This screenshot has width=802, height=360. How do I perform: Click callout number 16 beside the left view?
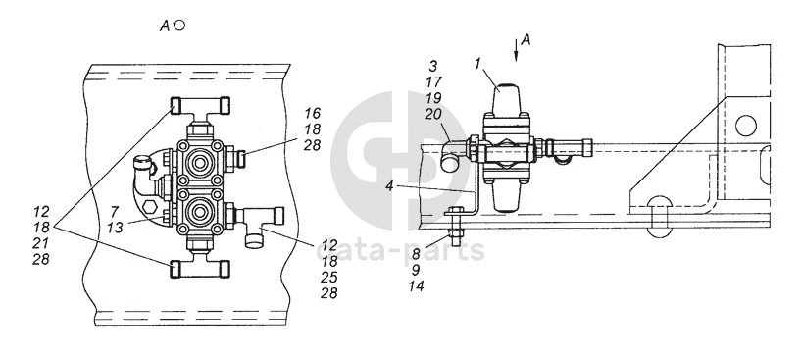pos(312,113)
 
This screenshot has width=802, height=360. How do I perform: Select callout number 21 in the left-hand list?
pos(41,243)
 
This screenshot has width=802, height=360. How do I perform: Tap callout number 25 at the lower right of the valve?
pos(329,277)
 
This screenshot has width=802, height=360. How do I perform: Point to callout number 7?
pos(115,211)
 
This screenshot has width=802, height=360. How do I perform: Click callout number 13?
pos(115,227)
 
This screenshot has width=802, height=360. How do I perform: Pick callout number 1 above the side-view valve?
pos(477,64)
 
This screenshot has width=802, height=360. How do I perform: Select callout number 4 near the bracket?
pos(390,186)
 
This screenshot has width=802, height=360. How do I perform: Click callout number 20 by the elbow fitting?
pos(432,114)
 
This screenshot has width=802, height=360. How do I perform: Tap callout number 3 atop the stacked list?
pos(433,66)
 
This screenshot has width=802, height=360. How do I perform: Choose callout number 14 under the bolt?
pos(417,286)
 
